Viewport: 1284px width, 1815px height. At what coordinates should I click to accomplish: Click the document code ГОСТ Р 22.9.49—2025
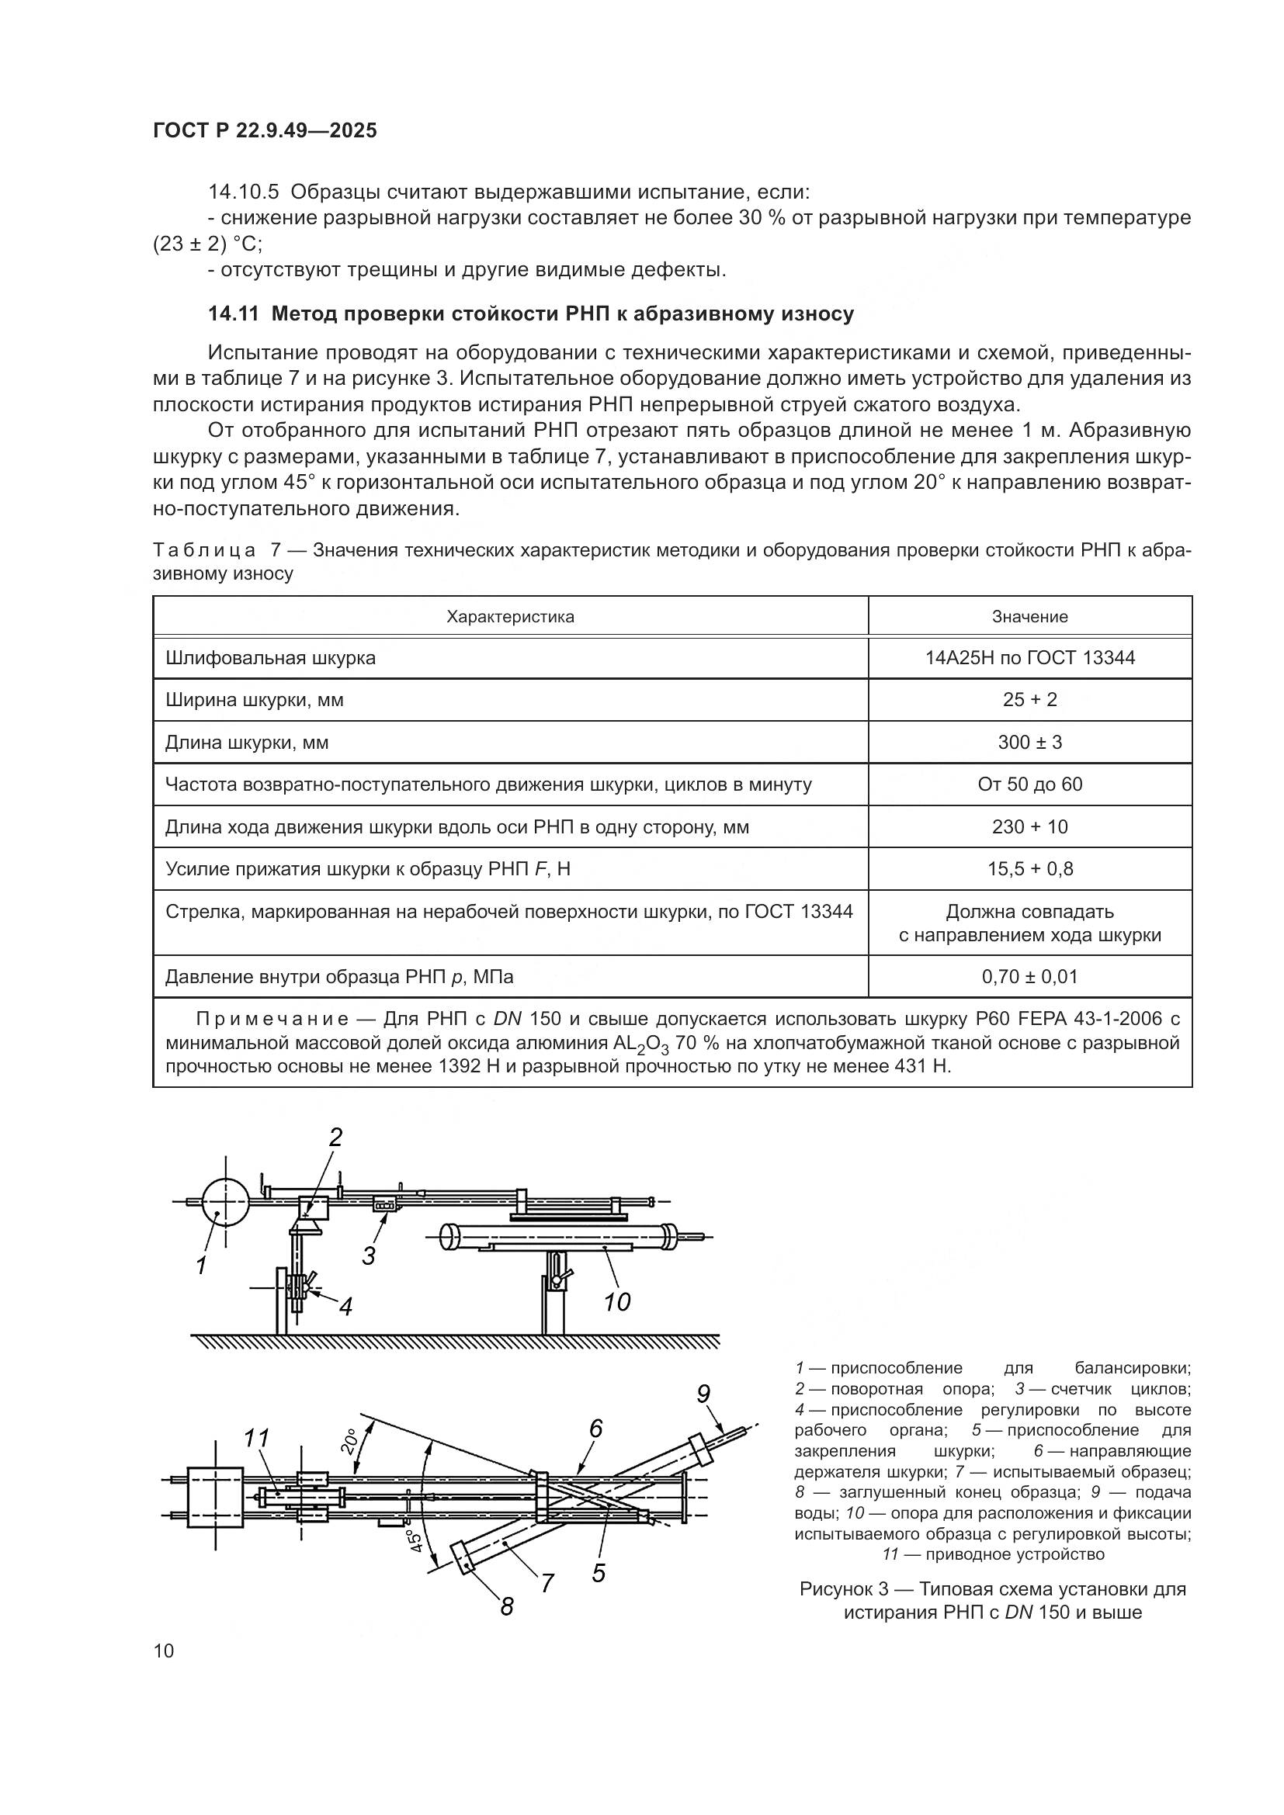click(x=265, y=131)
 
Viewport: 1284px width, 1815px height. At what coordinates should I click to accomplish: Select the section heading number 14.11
click(x=233, y=314)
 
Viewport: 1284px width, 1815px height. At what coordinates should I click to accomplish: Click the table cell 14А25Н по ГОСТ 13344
click(x=1029, y=658)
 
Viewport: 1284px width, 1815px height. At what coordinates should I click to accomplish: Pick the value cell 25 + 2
click(x=1029, y=700)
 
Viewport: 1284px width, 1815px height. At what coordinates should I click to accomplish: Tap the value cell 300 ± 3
click(x=1029, y=743)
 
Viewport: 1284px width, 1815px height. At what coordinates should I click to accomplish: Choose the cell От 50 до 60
click(x=1029, y=785)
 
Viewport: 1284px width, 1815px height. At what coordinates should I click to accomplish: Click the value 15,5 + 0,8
click(x=1029, y=869)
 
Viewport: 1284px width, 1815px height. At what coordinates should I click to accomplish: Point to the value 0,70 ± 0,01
click(x=1029, y=976)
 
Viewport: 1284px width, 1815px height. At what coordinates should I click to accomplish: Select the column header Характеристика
click(x=510, y=617)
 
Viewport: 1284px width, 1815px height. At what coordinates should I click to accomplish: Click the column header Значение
click(x=1029, y=617)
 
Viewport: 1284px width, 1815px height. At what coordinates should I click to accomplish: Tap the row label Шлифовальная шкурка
click(x=270, y=658)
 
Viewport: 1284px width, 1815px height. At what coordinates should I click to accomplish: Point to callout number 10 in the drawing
click(x=616, y=1302)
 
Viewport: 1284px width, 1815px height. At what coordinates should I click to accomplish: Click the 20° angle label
click(x=349, y=1441)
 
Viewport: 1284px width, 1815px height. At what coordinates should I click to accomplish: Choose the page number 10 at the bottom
click(x=164, y=1650)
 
